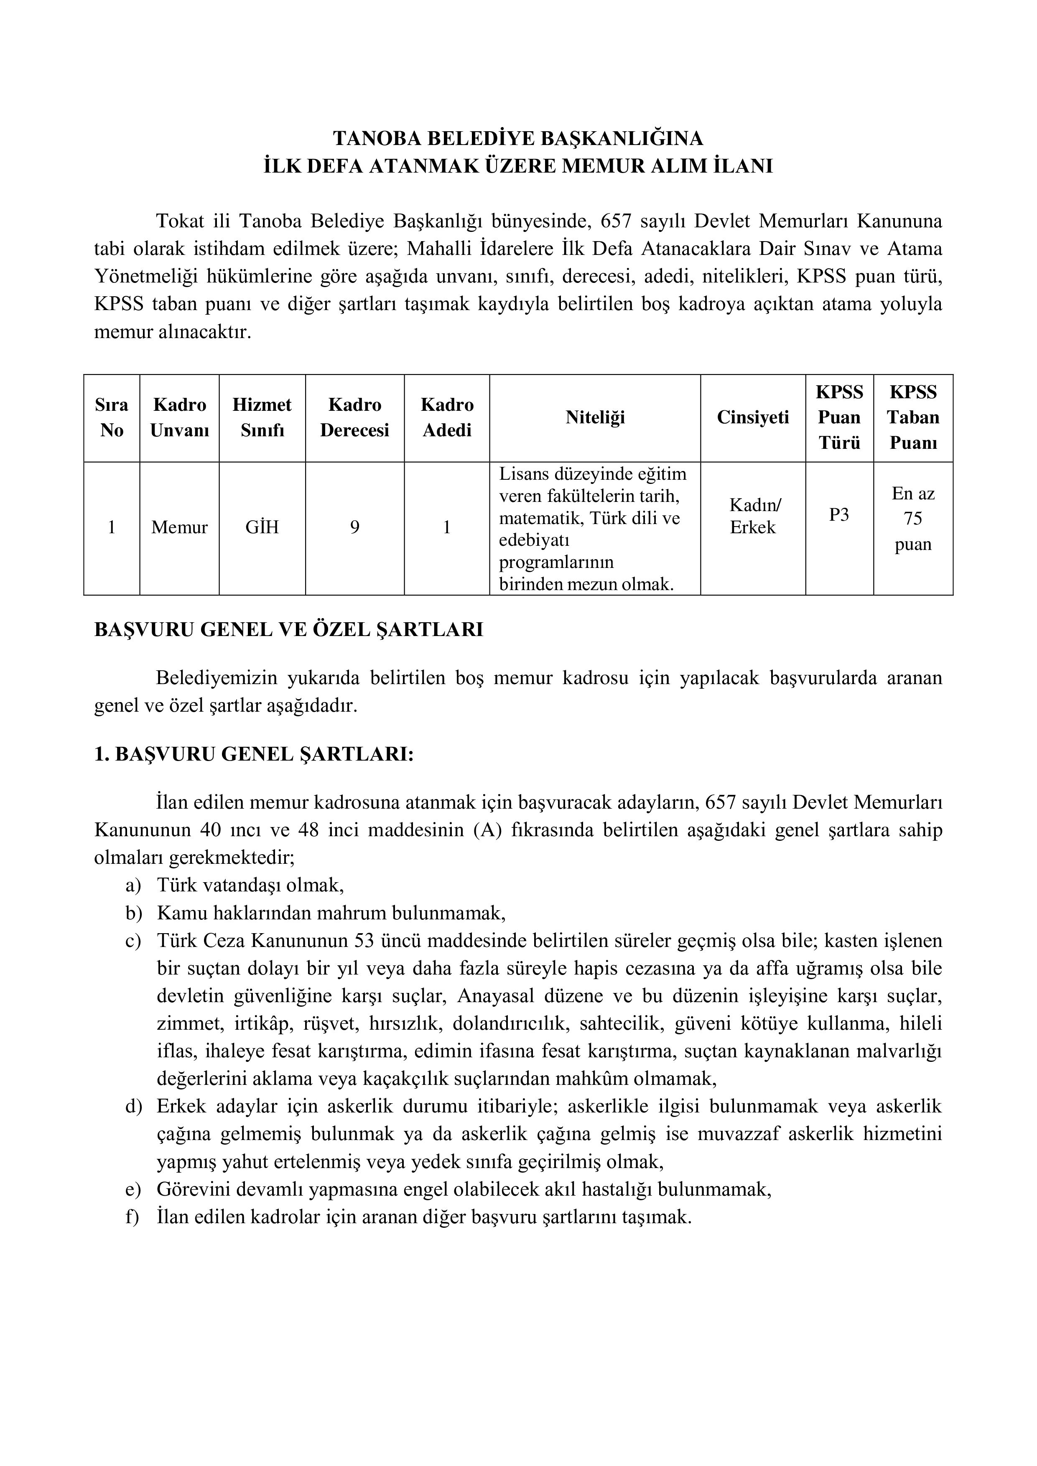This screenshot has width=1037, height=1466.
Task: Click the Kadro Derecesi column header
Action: tap(354, 417)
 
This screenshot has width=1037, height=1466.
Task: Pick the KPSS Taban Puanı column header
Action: tap(913, 417)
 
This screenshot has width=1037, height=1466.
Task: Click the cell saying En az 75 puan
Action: tap(913, 519)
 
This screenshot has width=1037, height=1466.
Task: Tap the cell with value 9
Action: tap(354, 527)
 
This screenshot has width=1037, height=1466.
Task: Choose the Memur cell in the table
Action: tap(179, 527)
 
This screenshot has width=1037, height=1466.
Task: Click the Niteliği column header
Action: tap(595, 417)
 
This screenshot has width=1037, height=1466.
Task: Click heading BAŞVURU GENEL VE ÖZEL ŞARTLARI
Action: tap(289, 629)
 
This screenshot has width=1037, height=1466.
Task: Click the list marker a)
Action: tap(133, 886)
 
